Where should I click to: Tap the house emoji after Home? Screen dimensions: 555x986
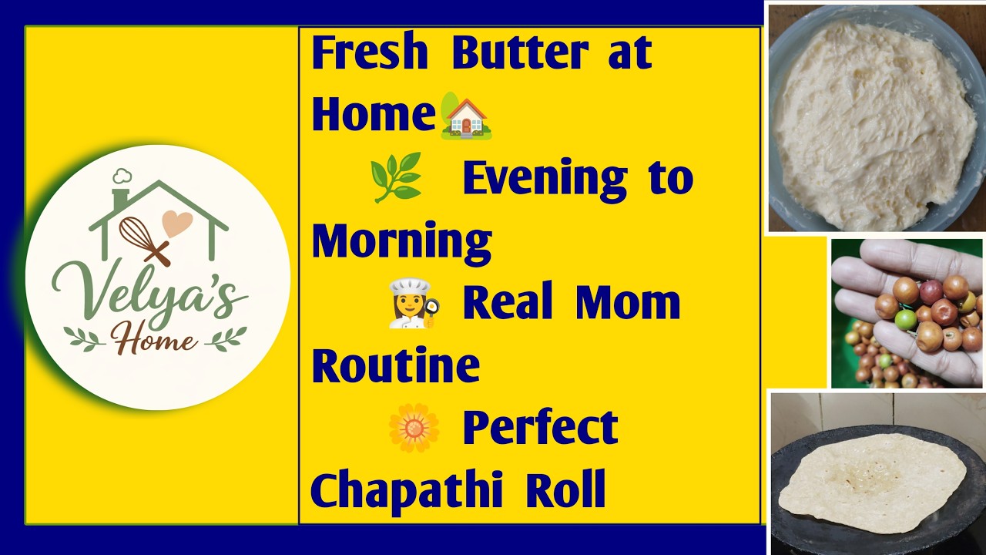click(466, 116)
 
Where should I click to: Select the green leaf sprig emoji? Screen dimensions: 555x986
click(396, 177)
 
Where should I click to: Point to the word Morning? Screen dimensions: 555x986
click(401, 241)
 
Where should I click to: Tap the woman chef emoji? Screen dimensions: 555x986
click(414, 303)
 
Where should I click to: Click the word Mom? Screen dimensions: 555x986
click(627, 302)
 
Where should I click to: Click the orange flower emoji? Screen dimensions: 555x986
click(414, 427)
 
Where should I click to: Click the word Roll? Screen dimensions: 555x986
click(565, 489)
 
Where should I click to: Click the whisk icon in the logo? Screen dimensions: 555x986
click(143, 240)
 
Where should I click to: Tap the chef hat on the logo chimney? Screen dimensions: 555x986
click(122, 177)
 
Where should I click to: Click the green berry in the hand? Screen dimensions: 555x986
click(907, 318)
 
